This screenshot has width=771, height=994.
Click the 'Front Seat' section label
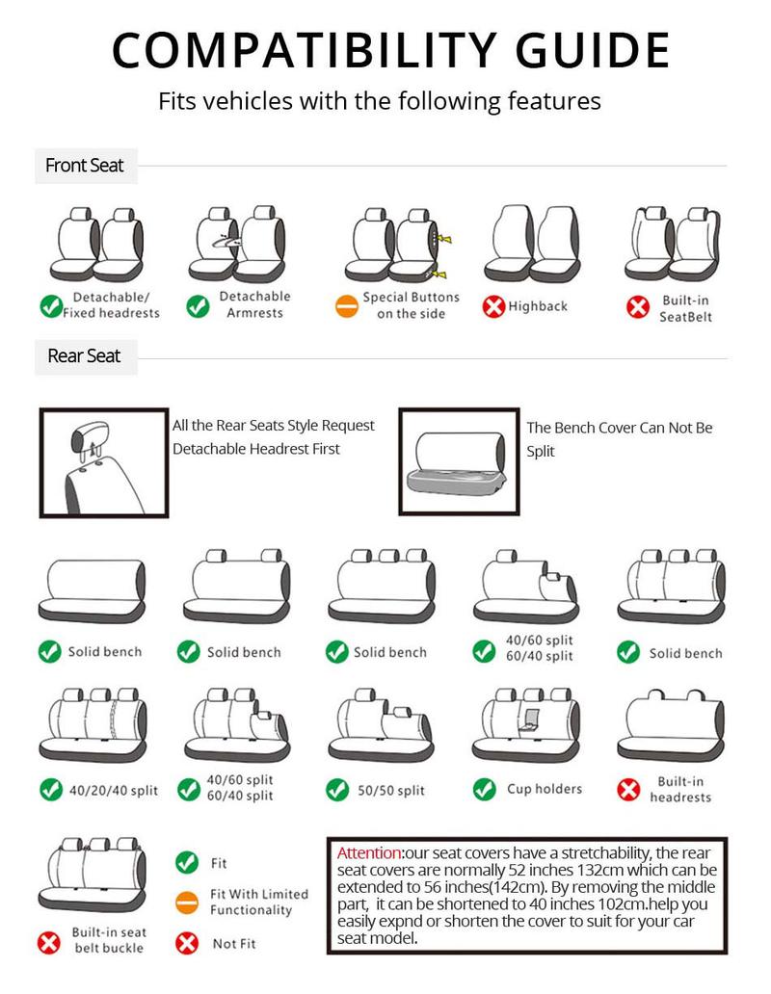coord(85,166)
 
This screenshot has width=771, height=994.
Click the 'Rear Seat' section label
coord(85,356)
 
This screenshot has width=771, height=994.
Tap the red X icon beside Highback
coord(493,307)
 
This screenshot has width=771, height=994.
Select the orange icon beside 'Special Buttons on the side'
coord(346,307)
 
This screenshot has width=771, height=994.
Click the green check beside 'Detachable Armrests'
coord(198,306)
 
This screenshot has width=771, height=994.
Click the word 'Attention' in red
coord(369,853)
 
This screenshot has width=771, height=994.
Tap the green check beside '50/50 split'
coord(336,790)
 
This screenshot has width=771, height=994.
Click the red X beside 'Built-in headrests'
coord(628,790)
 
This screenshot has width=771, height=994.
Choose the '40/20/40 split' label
coord(114,791)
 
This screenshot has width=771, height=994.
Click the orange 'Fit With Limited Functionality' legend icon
coord(187,903)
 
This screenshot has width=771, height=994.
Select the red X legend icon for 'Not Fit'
coord(187,944)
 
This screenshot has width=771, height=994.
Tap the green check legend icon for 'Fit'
coord(187,863)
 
